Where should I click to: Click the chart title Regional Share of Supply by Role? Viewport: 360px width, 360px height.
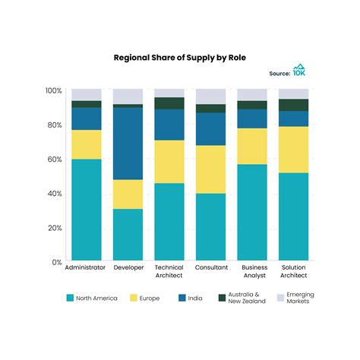pos(179,57)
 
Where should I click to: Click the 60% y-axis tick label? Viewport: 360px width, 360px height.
pos(54,159)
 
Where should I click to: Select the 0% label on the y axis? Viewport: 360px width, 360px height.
pos(56,262)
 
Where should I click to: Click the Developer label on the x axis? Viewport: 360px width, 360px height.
pos(128,268)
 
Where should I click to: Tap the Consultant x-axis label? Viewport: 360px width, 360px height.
pos(210,268)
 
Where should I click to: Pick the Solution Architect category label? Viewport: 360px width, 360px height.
pos(293,273)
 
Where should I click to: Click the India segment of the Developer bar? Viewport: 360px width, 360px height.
pos(128,144)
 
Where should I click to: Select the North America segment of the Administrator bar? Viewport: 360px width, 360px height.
pos(86,210)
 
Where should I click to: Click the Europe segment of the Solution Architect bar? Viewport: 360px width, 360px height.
pos(293,150)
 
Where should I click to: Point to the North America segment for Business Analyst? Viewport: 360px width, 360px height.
pos(252,213)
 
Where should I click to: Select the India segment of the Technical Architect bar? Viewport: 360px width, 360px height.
pos(169,125)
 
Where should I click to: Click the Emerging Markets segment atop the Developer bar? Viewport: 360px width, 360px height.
pos(128,96)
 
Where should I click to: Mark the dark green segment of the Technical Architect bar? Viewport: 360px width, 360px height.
pos(169,103)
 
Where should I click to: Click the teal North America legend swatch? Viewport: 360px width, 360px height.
pos(71,298)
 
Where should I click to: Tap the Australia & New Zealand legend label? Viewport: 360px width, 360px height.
pos(250,298)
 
